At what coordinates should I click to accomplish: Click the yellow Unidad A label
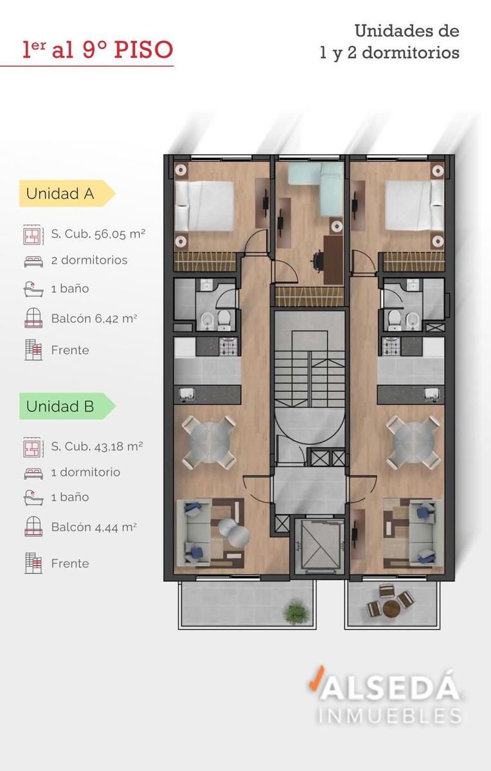67,193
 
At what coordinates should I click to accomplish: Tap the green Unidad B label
67,406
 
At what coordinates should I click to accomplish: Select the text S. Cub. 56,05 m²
98,234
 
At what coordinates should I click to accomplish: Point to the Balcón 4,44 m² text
94,527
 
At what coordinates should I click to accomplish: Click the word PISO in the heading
143,49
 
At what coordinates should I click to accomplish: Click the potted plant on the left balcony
296,612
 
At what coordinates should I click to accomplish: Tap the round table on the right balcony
391,609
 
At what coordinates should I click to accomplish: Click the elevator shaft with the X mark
320,547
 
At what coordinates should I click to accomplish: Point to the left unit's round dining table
209,443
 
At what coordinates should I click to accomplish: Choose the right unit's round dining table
413,443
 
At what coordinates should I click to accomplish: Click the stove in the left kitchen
229,346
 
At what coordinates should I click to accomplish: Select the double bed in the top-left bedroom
204,206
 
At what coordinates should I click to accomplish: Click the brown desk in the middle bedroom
334,260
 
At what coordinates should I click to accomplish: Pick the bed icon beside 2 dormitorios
33,261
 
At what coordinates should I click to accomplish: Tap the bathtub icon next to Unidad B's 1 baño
33,498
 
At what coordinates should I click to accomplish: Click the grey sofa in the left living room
193,533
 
